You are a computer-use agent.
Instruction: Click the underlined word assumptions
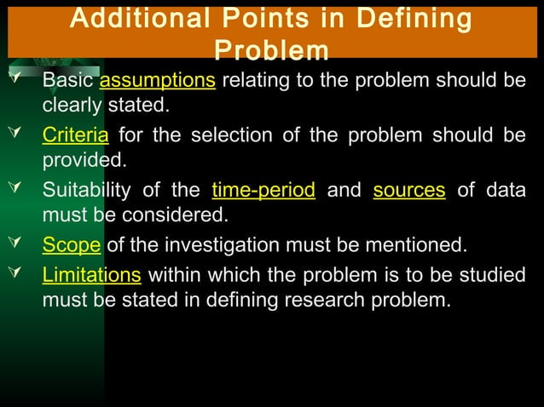tap(158, 81)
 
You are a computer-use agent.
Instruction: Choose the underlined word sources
tap(409, 190)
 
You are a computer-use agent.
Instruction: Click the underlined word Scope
tap(72, 246)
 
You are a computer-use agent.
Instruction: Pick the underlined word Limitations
tap(93, 274)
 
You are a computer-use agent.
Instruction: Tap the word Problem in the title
tap(271, 51)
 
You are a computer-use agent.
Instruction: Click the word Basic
tap(69, 81)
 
